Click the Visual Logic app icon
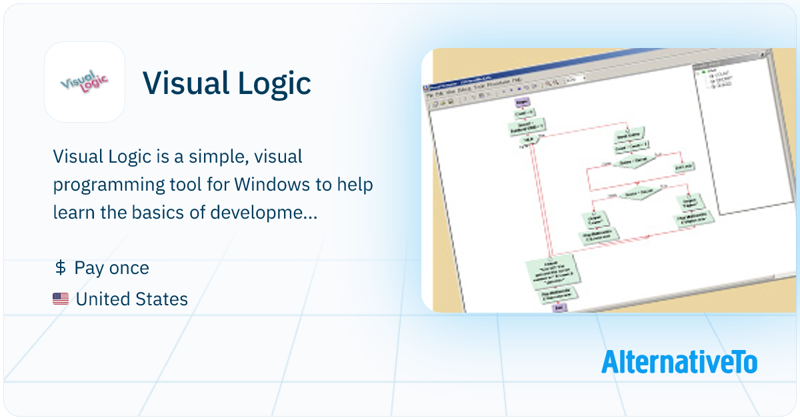(85, 82)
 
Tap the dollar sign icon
(59, 268)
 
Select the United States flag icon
(61, 299)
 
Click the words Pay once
(112, 268)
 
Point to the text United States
(132, 299)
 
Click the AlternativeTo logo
(679, 361)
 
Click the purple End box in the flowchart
(559, 307)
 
